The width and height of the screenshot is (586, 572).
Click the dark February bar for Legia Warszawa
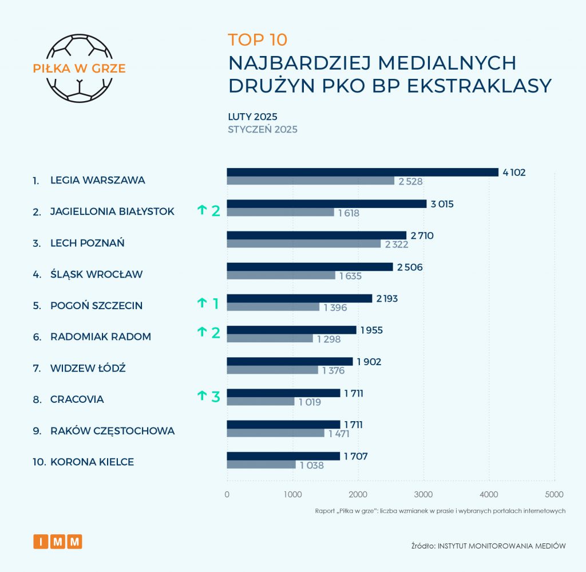(x=362, y=172)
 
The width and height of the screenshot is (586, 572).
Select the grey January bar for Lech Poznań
(x=304, y=243)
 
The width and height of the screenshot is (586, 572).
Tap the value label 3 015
(x=442, y=204)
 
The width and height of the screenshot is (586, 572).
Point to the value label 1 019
(x=310, y=402)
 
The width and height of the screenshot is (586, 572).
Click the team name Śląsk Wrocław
(x=96, y=274)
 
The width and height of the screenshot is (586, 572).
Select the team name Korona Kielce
(x=92, y=462)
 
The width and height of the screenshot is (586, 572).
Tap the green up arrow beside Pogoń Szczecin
(x=201, y=303)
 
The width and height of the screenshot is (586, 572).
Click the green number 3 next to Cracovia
(x=215, y=397)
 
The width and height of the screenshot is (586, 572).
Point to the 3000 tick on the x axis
(x=423, y=494)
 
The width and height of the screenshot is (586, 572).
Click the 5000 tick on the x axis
(x=554, y=494)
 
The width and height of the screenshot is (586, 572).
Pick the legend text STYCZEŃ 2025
(x=263, y=129)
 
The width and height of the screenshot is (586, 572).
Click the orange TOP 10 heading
(x=258, y=39)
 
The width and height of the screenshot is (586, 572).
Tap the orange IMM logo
(x=58, y=541)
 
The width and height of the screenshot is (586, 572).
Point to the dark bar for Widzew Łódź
(x=290, y=361)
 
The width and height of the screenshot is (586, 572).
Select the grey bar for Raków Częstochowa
(x=275, y=433)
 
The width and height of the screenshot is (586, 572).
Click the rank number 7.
(x=37, y=368)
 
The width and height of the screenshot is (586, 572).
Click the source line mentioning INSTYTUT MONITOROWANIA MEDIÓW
(x=488, y=546)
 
